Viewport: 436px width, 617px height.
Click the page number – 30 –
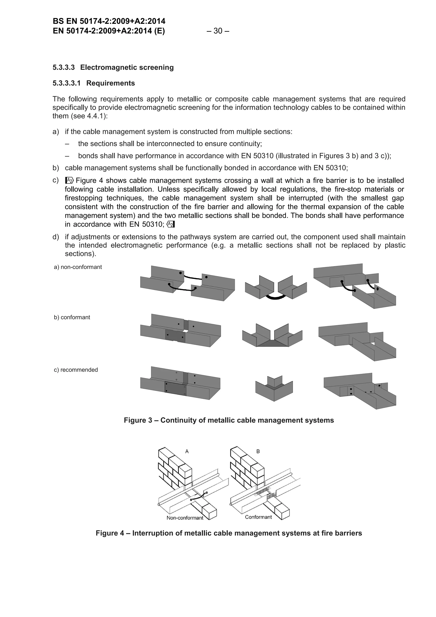point(218,31)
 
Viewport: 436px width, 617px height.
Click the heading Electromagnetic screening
point(127,67)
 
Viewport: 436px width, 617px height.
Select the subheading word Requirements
point(110,83)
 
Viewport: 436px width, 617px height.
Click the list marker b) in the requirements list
point(56,168)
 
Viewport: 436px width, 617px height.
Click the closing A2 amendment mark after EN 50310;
point(171,224)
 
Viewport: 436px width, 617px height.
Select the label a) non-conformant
point(78,267)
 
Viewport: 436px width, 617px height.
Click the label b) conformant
point(72,317)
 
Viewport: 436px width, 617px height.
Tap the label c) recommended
point(76,370)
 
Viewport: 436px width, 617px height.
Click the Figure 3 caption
point(229,420)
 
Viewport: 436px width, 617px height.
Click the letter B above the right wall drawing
point(258,451)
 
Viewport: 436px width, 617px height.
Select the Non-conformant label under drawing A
point(185,518)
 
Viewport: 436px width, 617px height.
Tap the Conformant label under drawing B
point(258,517)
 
